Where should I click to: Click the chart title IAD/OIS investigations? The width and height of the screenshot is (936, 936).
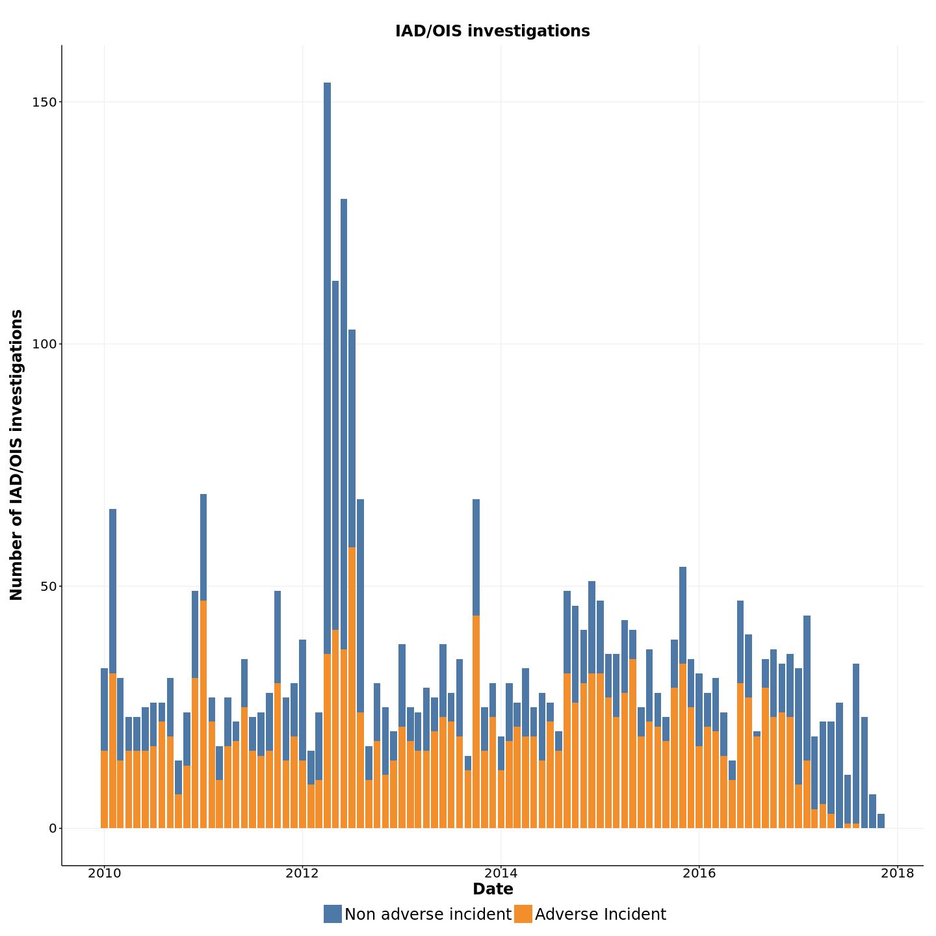tap(492, 31)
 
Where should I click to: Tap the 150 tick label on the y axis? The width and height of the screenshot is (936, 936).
tap(44, 102)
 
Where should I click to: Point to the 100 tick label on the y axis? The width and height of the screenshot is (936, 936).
tap(44, 344)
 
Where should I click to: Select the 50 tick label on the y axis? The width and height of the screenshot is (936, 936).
tap(48, 586)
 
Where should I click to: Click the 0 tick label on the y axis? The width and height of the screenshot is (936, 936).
tap(52, 828)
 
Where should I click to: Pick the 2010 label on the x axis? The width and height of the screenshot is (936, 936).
tap(104, 873)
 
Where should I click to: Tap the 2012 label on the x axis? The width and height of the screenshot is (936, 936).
tap(302, 873)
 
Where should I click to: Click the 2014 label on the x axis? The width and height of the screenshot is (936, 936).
tap(500, 873)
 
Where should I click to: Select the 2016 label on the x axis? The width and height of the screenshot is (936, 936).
tap(699, 873)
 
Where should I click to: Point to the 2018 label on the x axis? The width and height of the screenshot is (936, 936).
tap(897, 873)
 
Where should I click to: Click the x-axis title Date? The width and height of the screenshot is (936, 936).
tap(493, 889)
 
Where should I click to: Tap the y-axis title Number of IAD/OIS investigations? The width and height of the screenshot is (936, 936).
tap(17, 455)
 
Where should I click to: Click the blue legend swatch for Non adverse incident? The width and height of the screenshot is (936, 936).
tap(332, 914)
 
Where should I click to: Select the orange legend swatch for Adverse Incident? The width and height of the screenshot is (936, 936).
tap(523, 914)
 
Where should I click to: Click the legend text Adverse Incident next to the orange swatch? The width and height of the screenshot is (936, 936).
tap(600, 915)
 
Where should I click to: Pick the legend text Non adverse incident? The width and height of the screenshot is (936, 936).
tap(428, 915)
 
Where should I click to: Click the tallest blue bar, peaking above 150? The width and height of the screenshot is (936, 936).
tap(327, 364)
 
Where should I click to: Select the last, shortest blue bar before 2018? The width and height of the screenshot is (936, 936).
tap(881, 821)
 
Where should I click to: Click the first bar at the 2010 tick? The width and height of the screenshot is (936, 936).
tap(104, 747)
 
